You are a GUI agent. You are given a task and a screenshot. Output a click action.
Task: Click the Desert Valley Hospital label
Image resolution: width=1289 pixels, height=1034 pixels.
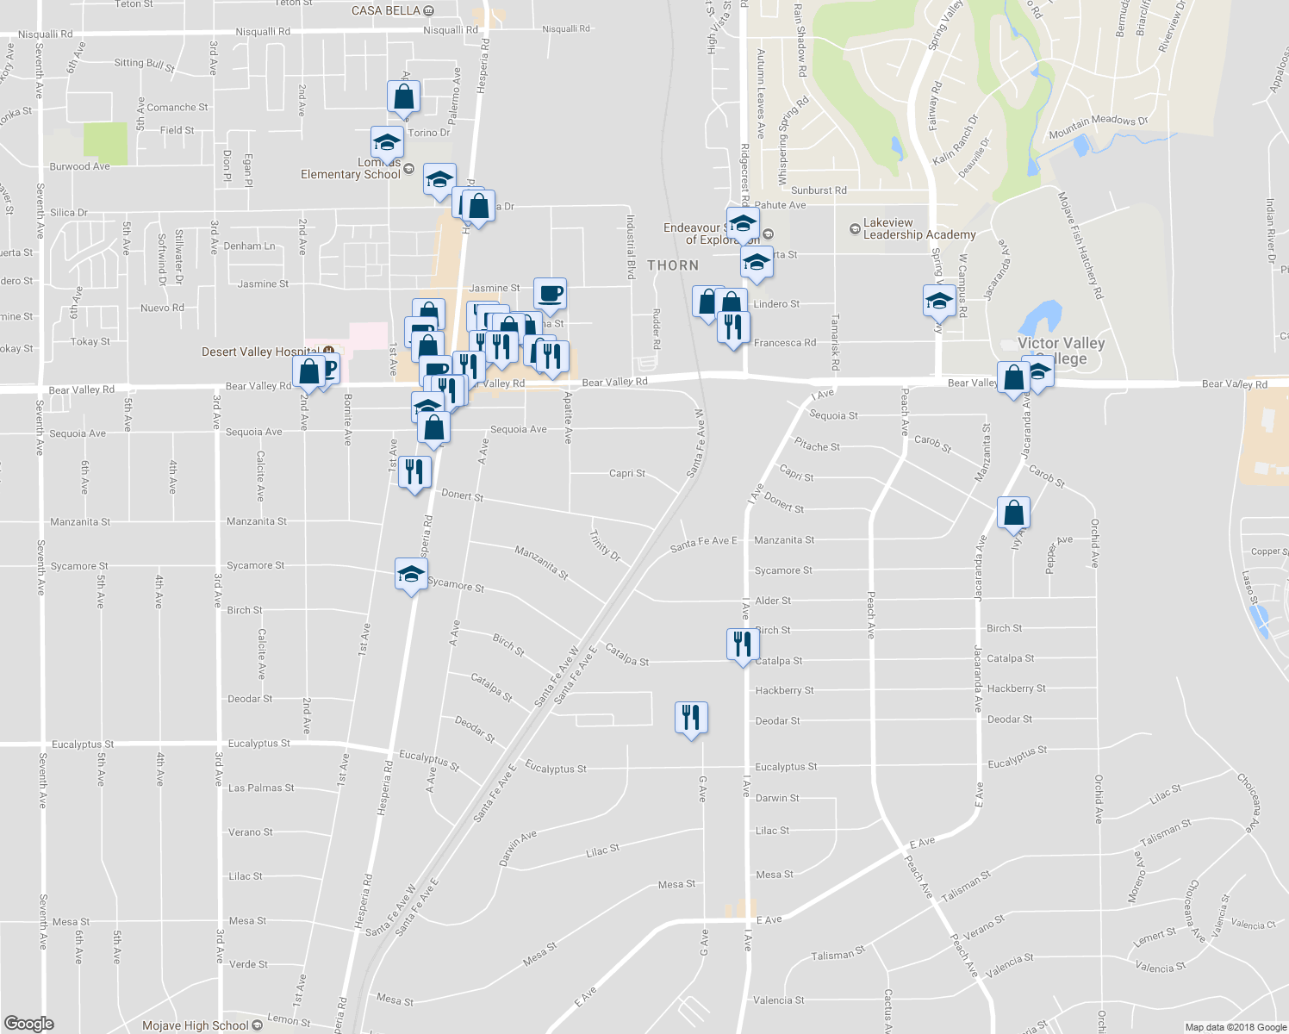[260, 352]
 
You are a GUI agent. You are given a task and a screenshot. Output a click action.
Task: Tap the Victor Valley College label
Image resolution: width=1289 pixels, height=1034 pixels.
[1061, 351]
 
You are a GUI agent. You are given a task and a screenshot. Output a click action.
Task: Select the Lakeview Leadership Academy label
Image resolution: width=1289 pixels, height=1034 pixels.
[918, 228]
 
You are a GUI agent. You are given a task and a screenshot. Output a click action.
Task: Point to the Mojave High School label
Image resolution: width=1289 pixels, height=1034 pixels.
[196, 1025]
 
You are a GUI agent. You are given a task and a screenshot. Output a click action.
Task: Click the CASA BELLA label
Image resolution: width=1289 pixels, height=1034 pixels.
[386, 10]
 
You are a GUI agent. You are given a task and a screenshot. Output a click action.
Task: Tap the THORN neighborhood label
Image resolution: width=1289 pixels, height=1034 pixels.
[673, 265]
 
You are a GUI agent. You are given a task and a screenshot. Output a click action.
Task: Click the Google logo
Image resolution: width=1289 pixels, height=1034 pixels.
[29, 1024]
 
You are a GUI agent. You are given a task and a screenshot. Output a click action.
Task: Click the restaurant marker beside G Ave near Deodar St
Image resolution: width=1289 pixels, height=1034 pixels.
[691, 716]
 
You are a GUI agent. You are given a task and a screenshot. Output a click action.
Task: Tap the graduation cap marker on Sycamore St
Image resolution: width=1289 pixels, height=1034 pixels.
[411, 574]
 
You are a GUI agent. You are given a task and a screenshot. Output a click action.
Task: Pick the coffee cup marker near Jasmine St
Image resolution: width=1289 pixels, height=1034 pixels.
[550, 294]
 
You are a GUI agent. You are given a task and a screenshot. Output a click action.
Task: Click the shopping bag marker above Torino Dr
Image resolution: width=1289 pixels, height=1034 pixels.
[403, 97]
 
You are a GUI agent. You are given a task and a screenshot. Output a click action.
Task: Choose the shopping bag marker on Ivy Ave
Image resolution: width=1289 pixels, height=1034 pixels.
[1014, 513]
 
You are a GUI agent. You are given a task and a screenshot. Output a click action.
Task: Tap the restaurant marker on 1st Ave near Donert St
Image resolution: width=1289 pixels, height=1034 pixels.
[414, 471]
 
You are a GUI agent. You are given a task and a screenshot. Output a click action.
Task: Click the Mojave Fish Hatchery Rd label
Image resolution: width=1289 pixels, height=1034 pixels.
[1080, 245]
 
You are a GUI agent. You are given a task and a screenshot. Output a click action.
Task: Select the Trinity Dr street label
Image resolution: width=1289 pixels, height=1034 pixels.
[605, 545]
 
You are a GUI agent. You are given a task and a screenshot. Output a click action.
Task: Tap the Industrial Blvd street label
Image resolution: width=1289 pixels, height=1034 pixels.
[631, 246]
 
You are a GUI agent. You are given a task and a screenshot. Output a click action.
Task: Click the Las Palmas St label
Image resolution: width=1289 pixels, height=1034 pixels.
[261, 788]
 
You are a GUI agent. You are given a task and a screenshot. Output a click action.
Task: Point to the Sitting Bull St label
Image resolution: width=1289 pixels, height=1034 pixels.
[145, 64]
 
